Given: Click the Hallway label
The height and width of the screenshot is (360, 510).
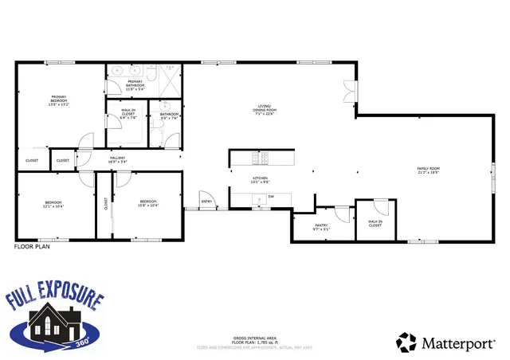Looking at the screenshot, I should point(118,160).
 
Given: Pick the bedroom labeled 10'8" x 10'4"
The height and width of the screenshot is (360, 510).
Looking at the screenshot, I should point(149,203).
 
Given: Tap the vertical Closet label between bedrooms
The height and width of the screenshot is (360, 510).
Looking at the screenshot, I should point(105,204).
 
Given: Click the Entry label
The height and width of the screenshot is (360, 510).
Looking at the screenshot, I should point(207,202).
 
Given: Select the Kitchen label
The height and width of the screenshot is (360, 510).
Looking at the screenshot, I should point(261,179).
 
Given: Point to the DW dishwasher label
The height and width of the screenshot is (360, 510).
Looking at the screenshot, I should point(271,196).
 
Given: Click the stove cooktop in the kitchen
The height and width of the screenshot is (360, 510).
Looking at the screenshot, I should point(257,157).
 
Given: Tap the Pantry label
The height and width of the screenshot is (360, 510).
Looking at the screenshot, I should point(321,225).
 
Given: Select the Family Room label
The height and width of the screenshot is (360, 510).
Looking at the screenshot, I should point(429,170).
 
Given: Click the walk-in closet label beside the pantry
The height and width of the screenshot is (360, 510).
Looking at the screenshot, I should point(375,223).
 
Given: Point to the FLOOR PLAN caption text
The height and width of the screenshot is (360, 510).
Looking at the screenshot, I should point(33,248).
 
